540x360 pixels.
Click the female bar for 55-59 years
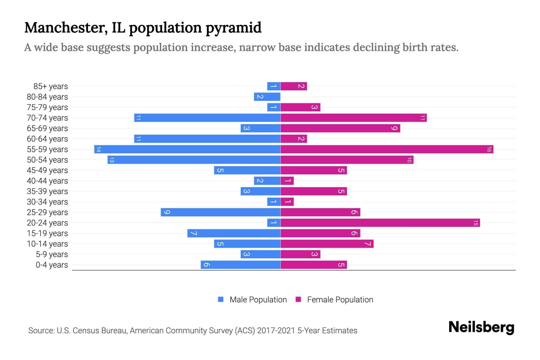[387, 149]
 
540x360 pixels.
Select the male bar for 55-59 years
[187, 149]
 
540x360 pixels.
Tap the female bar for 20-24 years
[380, 223]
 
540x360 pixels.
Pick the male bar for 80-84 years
[267, 97]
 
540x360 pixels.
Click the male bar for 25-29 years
[220, 212]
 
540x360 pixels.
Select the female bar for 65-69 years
[340, 128]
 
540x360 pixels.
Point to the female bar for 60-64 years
[294, 139]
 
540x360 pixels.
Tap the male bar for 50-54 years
[194, 160]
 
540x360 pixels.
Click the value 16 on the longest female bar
[489, 149]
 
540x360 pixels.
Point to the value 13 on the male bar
[112, 160]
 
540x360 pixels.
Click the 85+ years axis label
[51, 86]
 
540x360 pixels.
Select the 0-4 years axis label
[52, 265]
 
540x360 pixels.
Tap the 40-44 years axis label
[47, 181]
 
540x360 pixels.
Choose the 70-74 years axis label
[47, 118]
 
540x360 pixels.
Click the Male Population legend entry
[258, 299]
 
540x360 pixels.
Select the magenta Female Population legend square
[298, 299]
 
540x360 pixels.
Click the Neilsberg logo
[481, 327]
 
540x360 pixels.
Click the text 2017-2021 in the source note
[276, 331]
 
